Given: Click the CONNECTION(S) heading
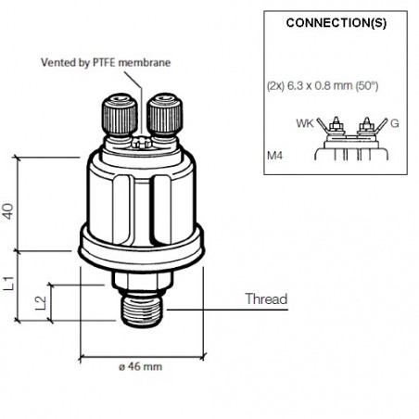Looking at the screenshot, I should [x=335, y=22].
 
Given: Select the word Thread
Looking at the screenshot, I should [x=265, y=299].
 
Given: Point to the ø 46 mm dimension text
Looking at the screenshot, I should [x=141, y=366].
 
